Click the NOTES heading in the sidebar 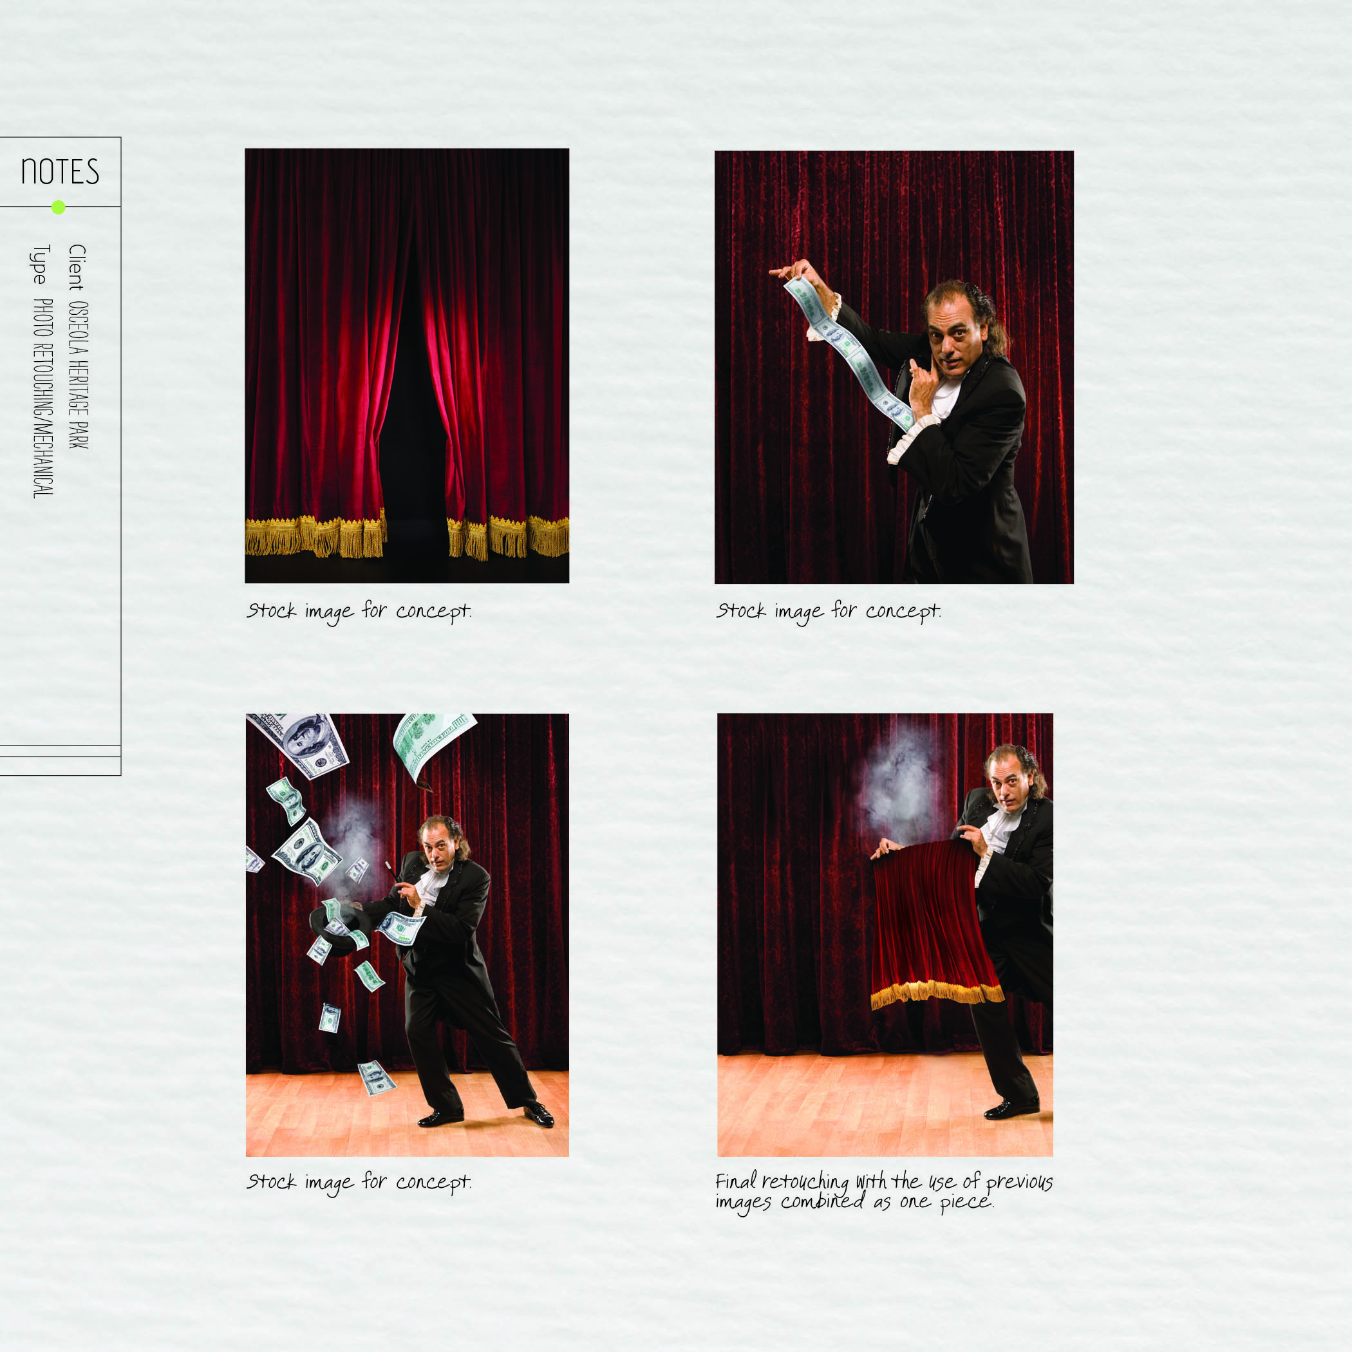(x=60, y=171)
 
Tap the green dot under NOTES (x=59, y=207)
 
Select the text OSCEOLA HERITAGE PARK (x=78, y=375)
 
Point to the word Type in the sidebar (x=40, y=264)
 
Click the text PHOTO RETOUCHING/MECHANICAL (x=42, y=398)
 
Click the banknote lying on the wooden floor (x=377, y=1078)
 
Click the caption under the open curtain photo (x=359, y=612)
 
